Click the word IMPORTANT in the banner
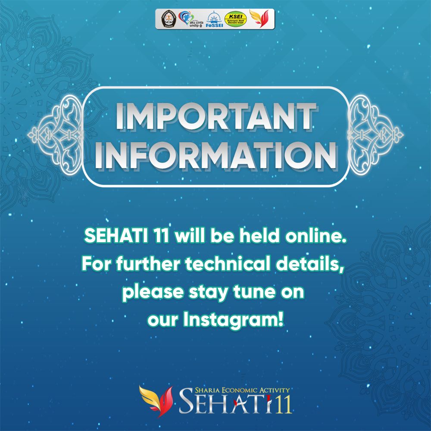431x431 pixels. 214,117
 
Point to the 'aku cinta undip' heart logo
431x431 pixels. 189,19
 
